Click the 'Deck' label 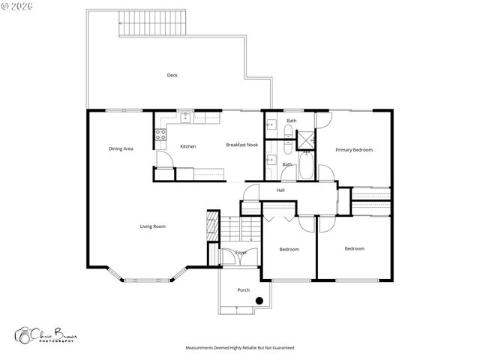[172, 75]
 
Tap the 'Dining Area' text [121, 148]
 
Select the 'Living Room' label [152, 226]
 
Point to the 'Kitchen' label [187, 146]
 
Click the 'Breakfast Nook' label [241, 144]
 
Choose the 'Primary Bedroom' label [353, 150]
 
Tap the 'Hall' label [280, 190]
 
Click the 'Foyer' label [241, 253]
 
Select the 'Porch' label [243, 289]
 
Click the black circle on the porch [259, 301]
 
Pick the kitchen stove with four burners [160, 135]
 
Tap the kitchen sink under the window [185, 118]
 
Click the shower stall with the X [306, 140]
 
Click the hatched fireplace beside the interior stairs [212, 226]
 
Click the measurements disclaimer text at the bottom [240, 348]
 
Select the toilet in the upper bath [288, 133]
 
